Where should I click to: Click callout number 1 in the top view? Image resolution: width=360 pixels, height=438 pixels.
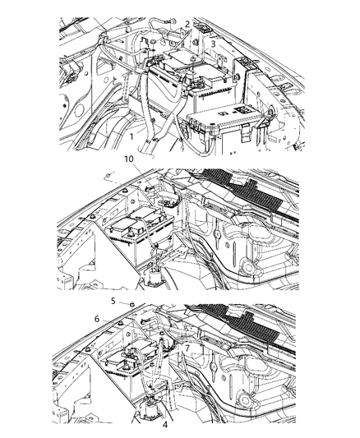[132, 134]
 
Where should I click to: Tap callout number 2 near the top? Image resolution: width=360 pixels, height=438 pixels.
[187, 24]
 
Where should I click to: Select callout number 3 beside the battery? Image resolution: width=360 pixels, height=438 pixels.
[212, 44]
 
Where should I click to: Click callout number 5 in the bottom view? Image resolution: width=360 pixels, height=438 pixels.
[113, 301]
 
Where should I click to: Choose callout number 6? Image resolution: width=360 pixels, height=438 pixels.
[96, 319]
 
